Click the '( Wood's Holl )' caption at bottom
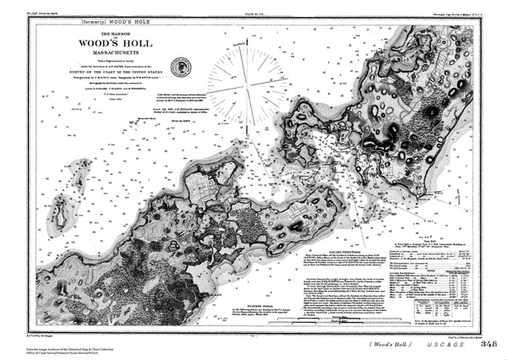370,344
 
